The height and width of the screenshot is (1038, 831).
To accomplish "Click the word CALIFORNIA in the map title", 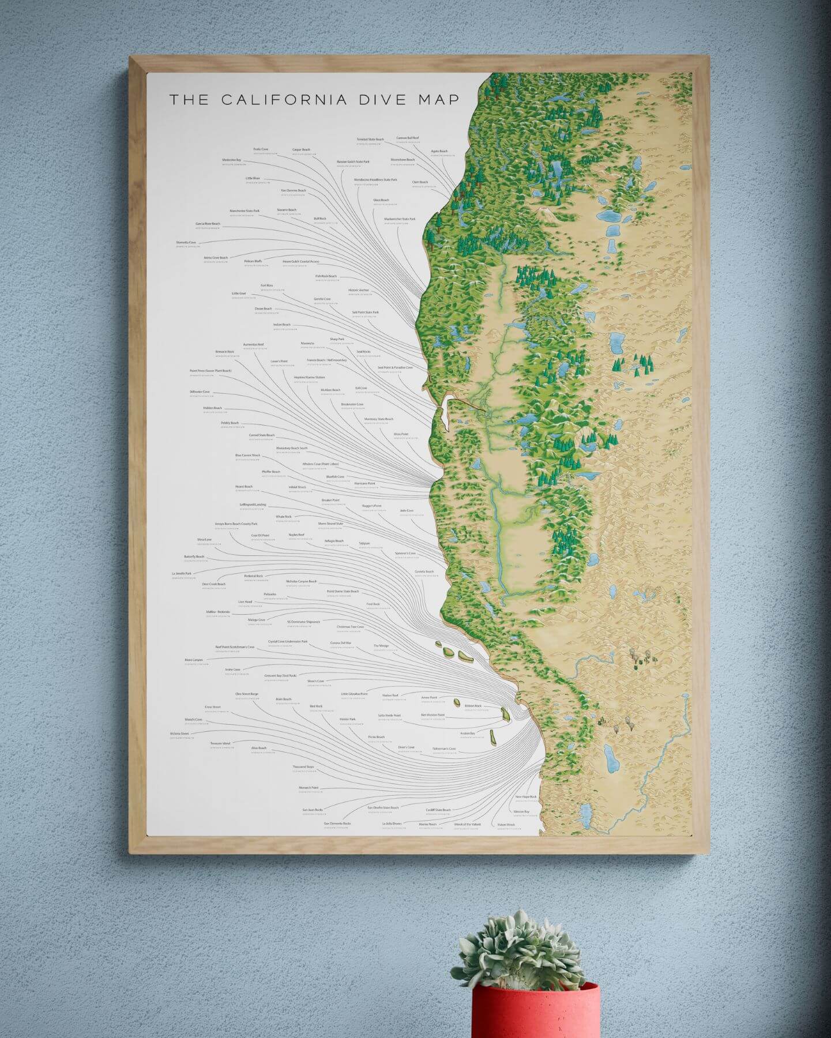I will [284, 99].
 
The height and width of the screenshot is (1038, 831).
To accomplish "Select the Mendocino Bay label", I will [231, 160].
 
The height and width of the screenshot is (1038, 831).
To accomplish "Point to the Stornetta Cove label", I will [186, 243].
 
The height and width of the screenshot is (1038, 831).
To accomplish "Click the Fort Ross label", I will [266, 285].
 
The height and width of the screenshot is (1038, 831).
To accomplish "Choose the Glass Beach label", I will [381, 200].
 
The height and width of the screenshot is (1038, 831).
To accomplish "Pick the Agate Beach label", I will [439, 151].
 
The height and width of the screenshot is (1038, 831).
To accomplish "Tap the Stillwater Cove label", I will [200, 392].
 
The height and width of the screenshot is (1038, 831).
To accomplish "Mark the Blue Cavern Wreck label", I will [247, 456].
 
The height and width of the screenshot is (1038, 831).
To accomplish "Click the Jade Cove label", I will [407, 511].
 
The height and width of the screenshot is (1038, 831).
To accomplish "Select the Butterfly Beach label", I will [194, 557].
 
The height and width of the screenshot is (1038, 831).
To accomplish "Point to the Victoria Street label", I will [179, 734].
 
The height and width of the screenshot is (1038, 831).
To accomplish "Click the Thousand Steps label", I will [303, 767].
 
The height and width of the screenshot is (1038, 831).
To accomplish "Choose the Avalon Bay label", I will [468, 734].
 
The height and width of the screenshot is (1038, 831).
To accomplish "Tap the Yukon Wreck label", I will [506, 825].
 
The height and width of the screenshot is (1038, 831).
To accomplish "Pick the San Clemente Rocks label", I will [337, 823].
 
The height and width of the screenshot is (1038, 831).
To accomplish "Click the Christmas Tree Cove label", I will [351, 627].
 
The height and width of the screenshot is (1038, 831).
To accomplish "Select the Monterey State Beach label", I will [379, 419].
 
